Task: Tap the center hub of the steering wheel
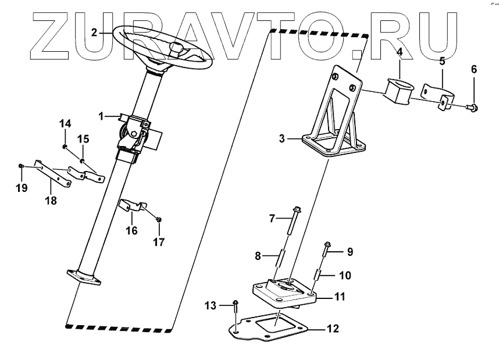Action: pyautogui.click(x=177, y=48)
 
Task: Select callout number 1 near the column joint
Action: pyautogui.click(x=101, y=116)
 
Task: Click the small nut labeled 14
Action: pyautogui.click(x=66, y=145)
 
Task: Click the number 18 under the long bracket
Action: pyautogui.click(x=52, y=200)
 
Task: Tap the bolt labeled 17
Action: pyautogui.click(x=159, y=220)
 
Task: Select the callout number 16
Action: pyautogui.click(x=131, y=231)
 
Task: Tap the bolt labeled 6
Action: pyautogui.click(x=473, y=108)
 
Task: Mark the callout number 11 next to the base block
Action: pyautogui.click(x=339, y=297)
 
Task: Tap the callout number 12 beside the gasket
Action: pyautogui.click(x=332, y=329)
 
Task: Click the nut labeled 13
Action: pyautogui.click(x=235, y=302)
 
